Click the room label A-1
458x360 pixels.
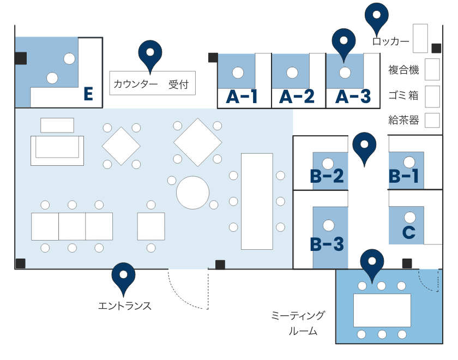(242, 97)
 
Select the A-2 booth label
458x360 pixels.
(297, 97)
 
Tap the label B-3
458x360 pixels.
(327, 244)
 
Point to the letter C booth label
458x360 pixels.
(409, 232)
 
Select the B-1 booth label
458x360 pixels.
(404, 176)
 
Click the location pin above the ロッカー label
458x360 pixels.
(376, 16)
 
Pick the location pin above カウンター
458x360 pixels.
(150, 53)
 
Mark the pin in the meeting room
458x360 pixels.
(372, 263)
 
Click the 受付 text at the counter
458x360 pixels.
(178, 85)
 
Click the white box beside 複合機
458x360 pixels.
(432, 69)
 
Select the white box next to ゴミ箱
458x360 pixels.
(432, 97)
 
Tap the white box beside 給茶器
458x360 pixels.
(432, 120)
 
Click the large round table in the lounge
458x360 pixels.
(192, 192)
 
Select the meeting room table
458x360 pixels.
(382, 310)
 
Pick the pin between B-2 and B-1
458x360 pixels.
(364, 147)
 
